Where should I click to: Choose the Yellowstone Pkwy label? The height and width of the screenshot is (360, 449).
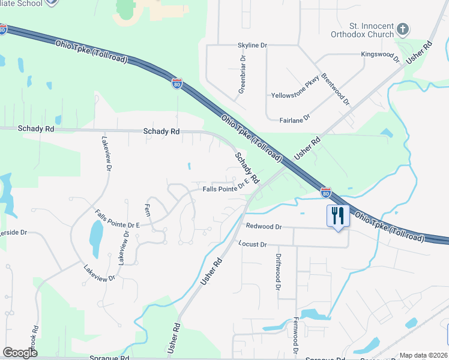[x=295, y=92]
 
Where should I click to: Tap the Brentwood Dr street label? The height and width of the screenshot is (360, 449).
[x=336, y=89]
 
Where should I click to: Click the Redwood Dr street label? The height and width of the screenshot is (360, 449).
[x=264, y=227]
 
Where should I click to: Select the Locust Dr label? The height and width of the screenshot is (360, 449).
[x=252, y=244]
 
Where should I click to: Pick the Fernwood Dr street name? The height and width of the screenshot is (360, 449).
[x=295, y=335]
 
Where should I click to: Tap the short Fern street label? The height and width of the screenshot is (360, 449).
[x=147, y=210]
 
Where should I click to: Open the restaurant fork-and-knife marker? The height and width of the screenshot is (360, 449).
[x=338, y=217]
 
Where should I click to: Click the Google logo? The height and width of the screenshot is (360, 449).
[x=20, y=353]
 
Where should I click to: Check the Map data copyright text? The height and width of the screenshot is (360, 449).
[x=424, y=355]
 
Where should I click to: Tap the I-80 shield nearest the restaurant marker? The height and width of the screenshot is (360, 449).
[x=325, y=193]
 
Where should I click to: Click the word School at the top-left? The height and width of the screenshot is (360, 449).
[x=30, y=3]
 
